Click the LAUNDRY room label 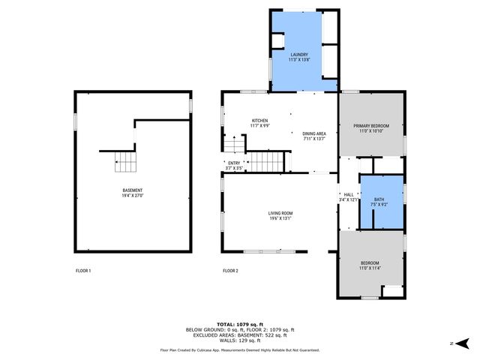[x=299, y=55]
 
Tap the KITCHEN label [x=259, y=121]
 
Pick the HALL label [x=348, y=194]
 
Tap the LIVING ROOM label [x=280, y=214]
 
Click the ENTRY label [x=234, y=163]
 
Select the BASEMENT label [x=133, y=190]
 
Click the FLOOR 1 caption [x=83, y=270]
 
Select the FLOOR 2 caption [x=230, y=270]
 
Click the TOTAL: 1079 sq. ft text [x=239, y=323]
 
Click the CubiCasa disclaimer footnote [x=239, y=350]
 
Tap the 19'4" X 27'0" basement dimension [x=133, y=195]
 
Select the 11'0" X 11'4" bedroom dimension [x=370, y=268]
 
